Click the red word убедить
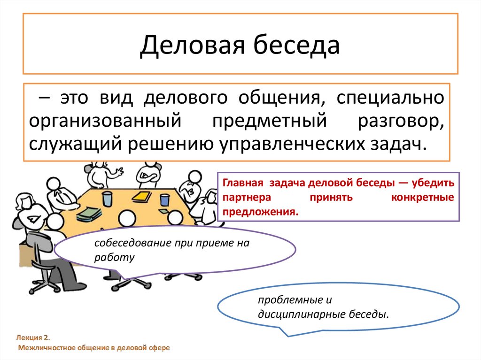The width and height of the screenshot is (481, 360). tap(435, 183)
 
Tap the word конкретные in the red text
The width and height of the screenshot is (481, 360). tap(422, 197)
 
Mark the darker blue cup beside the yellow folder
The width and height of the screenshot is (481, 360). tap(164, 199)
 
